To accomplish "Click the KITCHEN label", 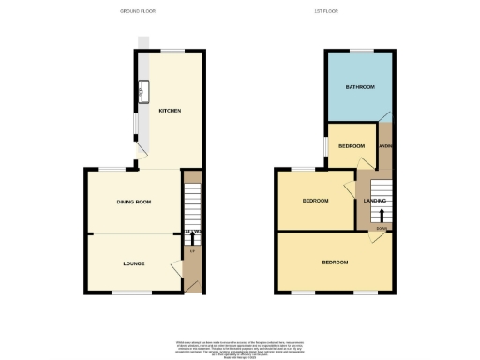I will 170,112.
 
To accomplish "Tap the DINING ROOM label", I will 134,202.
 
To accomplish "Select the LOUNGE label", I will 134,263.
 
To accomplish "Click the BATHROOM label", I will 359,87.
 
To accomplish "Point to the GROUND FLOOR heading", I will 138,11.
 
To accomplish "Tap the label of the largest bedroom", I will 335,262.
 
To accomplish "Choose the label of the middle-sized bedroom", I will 315,201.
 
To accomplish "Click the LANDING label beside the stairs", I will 376,200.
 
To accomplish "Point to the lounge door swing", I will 176,269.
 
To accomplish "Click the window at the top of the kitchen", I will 171,50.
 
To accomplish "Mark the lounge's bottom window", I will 131,292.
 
